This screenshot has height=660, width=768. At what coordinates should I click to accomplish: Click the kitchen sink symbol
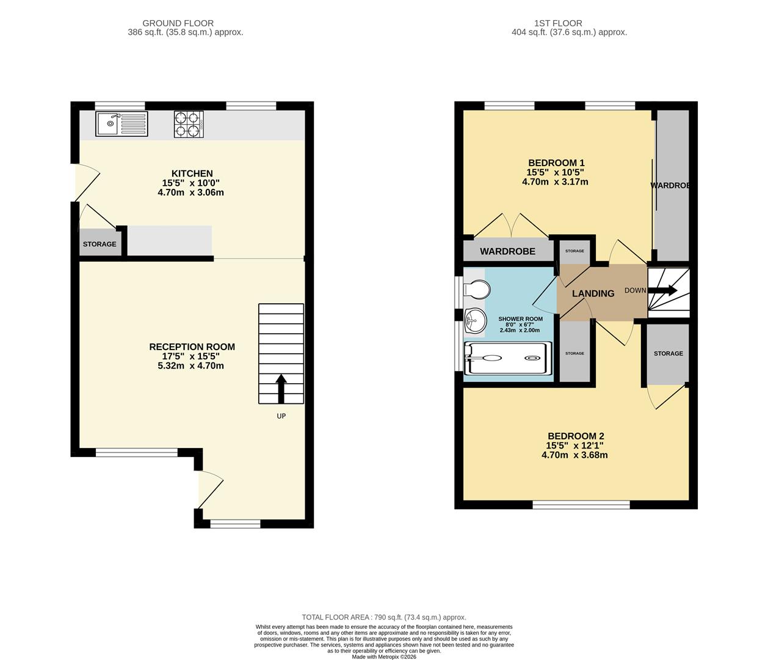tap(121, 123)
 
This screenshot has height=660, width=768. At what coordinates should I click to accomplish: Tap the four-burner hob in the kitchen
tap(189, 123)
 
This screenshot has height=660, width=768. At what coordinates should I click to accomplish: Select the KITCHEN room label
tap(192, 174)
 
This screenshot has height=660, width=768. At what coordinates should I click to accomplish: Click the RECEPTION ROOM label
tap(192, 346)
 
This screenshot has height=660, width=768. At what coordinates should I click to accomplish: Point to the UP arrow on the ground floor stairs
tap(281, 389)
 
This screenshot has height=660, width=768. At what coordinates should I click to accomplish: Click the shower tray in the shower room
tap(508, 358)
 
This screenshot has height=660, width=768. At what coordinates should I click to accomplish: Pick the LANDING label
tap(593, 293)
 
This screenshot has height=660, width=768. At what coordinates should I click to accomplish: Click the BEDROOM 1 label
tap(556, 163)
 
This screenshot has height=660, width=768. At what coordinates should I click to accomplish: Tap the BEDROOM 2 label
tap(574, 436)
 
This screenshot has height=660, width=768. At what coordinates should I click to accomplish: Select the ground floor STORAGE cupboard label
tap(100, 244)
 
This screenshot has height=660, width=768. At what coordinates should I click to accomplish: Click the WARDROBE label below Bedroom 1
tap(507, 251)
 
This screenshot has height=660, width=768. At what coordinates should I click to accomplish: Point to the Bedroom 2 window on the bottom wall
tap(581, 505)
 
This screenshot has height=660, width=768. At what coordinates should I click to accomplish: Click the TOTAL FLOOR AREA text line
tap(383, 617)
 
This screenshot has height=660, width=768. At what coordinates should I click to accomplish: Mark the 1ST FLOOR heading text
tap(558, 23)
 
